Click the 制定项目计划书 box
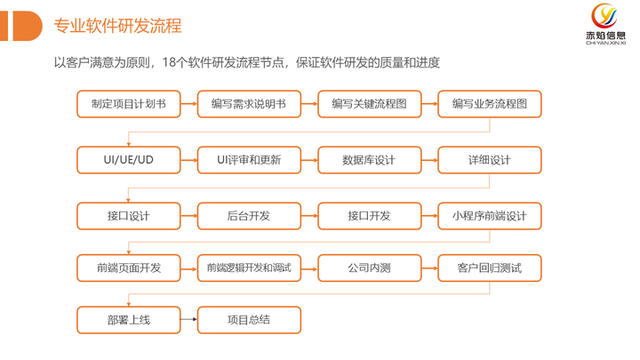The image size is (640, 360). click(129, 104)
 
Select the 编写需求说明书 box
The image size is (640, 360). click(249, 104)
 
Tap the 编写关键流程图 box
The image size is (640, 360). click(370, 104)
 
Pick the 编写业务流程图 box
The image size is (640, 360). click(490, 104)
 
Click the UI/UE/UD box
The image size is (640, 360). click(129, 160)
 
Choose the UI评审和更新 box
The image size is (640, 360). click(249, 160)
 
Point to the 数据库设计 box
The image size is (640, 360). click(370, 160)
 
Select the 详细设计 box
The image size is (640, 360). click(490, 160)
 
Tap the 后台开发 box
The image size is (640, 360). click(249, 216)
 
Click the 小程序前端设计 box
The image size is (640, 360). click(490, 216)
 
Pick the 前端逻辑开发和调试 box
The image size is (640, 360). click(249, 268)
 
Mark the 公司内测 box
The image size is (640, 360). click(370, 268)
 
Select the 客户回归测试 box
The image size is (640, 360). click(490, 268)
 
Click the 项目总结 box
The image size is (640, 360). click(249, 320)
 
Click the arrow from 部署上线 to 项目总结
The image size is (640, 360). click(189, 319)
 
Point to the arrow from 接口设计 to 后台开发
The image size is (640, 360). click(189, 215)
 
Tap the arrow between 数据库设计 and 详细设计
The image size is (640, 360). click(430, 160)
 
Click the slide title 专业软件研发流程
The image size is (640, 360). click(117, 26)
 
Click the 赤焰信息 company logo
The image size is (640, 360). click(605, 24)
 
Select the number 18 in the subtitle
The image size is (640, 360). click(170, 62)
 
